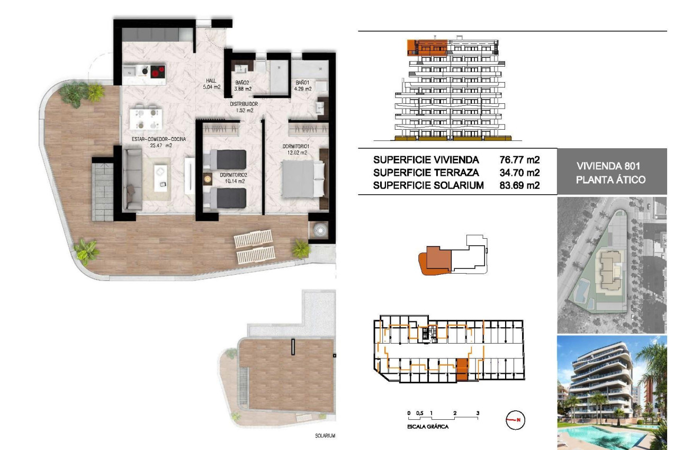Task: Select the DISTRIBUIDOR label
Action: click(244, 104)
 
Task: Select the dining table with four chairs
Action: click(145, 118)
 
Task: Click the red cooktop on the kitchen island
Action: click(156, 71)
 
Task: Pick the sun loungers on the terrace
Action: click(255, 247)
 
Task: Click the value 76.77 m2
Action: click(519, 159)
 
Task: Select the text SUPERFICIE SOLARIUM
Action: click(428, 185)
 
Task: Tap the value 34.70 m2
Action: click(519, 172)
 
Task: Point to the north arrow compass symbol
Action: click(515, 420)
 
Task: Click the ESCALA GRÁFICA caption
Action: click(428, 426)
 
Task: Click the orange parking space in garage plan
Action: click(462, 370)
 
